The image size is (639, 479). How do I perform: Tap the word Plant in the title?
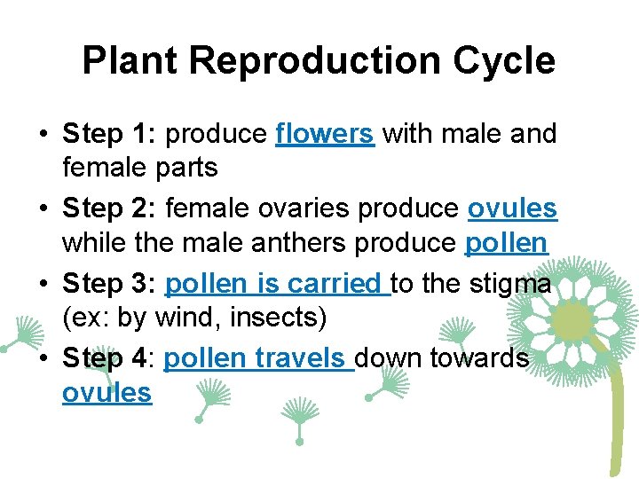(x=130, y=62)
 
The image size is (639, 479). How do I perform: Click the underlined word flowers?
(x=325, y=135)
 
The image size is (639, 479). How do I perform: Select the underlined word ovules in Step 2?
(x=512, y=209)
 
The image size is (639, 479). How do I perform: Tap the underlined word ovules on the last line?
(x=106, y=392)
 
